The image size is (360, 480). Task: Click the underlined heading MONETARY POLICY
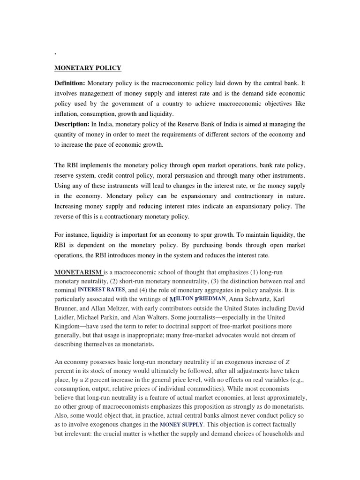[88, 68]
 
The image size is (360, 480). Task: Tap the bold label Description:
[72, 124]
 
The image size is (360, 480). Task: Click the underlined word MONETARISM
[78, 272]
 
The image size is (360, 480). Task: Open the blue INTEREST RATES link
[101, 290]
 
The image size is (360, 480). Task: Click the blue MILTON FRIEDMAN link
[197, 299]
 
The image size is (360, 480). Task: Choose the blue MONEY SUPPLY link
[181, 425]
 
